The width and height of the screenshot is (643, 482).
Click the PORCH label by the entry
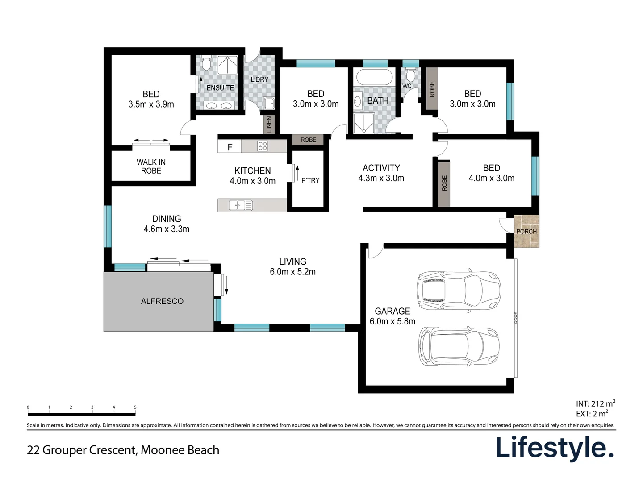(x=526, y=231)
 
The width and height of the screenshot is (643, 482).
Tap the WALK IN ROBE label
(x=151, y=166)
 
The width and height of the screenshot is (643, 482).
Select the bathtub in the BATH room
(x=374, y=77)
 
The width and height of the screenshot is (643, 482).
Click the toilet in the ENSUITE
(x=206, y=64)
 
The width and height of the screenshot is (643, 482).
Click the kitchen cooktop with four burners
(x=263, y=146)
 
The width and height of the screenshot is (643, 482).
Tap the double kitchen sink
(x=240, y=205)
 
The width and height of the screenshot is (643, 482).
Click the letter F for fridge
(x=230, y=147)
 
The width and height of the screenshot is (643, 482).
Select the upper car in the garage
(x=459, y=291)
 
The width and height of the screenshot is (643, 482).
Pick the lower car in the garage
(x=459, y=346)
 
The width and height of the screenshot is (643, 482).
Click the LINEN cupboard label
(x=269, y=125)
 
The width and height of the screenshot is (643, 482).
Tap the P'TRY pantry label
(x=310, y=180)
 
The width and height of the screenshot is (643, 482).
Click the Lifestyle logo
(x=555, y=448)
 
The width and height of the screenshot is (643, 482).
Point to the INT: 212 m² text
(x=595, y=403)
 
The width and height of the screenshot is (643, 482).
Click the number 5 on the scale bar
(x=135, y=407)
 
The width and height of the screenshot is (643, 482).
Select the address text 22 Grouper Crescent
(x=123, y=450)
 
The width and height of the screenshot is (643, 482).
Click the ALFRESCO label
(x=162, y=301)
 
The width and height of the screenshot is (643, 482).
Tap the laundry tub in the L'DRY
(x=269, y=103)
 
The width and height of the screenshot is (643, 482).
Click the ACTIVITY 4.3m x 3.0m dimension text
(x=381, y=179)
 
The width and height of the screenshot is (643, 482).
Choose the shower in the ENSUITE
(x=228, y=65)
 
